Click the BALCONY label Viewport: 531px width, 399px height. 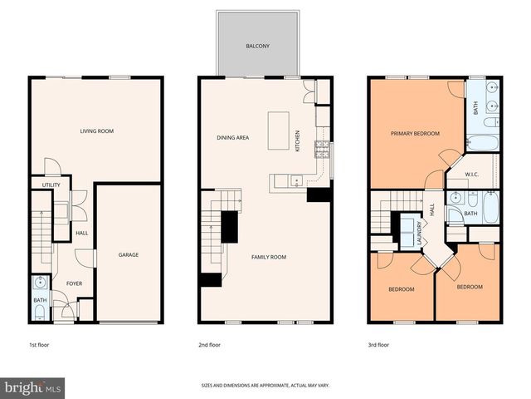click(256, 47)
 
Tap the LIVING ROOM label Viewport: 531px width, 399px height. click(96, 131)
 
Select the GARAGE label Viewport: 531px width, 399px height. click(128, 254)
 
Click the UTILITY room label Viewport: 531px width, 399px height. click(41, 185)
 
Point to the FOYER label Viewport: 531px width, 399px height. click(74, 283)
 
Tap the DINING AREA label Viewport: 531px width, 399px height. click(233, 138)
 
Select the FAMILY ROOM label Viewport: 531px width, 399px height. click(269, 257)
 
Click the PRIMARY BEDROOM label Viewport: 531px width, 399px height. click(415, 133)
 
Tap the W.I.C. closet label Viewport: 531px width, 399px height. click(472, 175)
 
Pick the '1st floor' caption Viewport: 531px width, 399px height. click(38, 343)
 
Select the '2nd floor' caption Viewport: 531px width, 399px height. click(208, 343)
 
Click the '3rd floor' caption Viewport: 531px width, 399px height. click(378, 343)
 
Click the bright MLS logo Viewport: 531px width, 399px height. click(33, 387)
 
